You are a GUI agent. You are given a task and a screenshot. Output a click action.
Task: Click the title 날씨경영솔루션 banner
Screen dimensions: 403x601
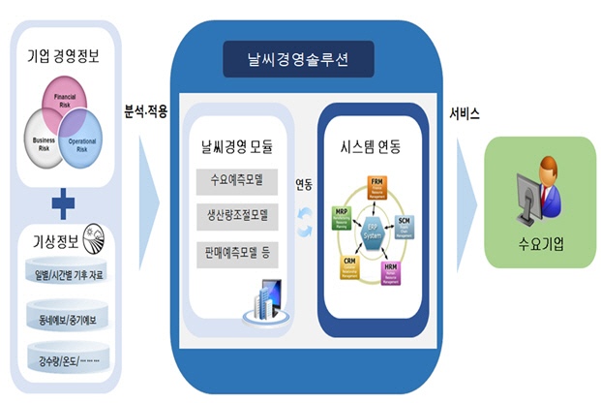tap(298, 61)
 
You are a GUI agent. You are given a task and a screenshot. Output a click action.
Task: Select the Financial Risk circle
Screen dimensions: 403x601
tap(64, 102)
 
